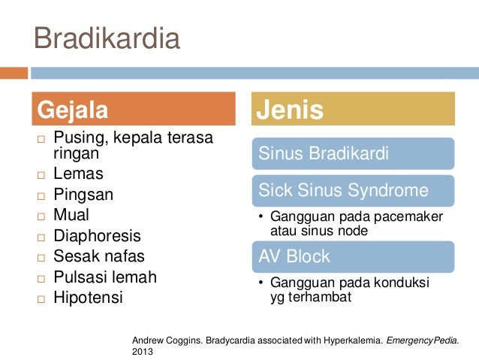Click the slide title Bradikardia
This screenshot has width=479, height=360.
click(x=107, y=38)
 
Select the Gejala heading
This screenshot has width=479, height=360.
click(x=134, y=108)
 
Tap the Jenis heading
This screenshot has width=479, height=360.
click(x=353, y=108)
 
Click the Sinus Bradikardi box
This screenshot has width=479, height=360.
click(x=353, y=153)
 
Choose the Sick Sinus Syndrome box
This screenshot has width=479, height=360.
click(x=353, y=191)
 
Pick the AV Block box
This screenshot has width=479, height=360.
click(x=353, y=256)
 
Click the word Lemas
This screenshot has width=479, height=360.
click(x=79, y=174)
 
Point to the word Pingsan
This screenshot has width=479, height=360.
click(x=83, y=195)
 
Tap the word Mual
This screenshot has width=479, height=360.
click(x=71, y=214)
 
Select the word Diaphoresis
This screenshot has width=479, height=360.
click(x=97, y=236)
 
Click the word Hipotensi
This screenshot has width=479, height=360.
click(x=89, y=298)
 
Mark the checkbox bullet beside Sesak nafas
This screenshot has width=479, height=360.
click(x=41, y=258)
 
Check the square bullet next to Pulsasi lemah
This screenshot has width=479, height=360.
click(x=41, y=279)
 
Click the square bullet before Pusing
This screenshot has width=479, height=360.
click(x=41, y=140)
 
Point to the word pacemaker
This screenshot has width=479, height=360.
click(x=408, y=217)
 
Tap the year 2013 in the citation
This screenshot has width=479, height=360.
click(x=143, y=352)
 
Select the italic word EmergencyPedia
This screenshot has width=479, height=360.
click(x=423, y=340)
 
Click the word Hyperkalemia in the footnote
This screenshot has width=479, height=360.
click(x=353, y=340)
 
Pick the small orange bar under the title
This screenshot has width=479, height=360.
click(x=14, y=73)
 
